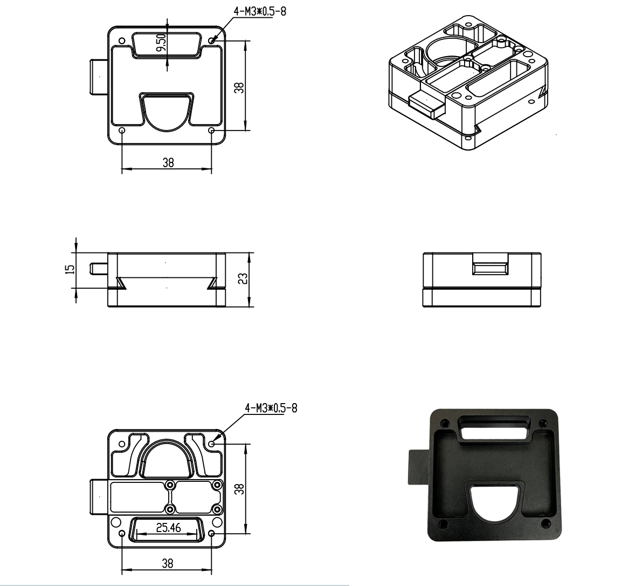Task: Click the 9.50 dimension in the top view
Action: tap(161, 43)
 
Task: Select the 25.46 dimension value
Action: tap(169, 528)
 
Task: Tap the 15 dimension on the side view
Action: tap(71, 269)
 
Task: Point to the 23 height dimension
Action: tap(243, 278)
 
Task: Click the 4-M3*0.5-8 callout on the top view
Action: tap(260, 11)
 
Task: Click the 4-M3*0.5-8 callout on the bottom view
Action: tap(271, 408)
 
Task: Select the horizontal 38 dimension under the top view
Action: tap(168, 162)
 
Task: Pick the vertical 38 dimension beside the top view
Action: tap(240, 87)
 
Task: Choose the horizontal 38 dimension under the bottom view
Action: tap(168, 563)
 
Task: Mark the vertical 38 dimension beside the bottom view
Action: tap(240, 489)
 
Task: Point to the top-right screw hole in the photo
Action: tap(543, 424)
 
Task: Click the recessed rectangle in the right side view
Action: tap(490, 268)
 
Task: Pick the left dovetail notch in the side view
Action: tap(121, 283)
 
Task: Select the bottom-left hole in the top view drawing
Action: tap(122, 131)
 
